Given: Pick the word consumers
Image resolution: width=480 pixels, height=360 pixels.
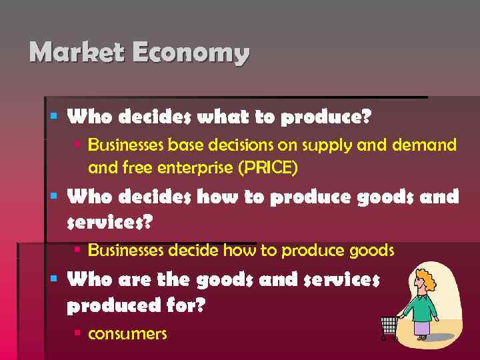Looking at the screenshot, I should pyautogui.click(x=127, y=333).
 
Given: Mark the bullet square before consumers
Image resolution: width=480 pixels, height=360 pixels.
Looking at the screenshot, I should pyautogui.click(x=78, y=331).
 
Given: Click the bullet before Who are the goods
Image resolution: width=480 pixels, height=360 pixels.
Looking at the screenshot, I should pyautogui.click(x=56, y=277).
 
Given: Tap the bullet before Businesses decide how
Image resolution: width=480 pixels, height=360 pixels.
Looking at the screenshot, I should pyautogui.click(x=78, y=249).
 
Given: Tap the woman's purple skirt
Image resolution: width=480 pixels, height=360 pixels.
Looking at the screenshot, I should pyautogui.click(x=422, y=327).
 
